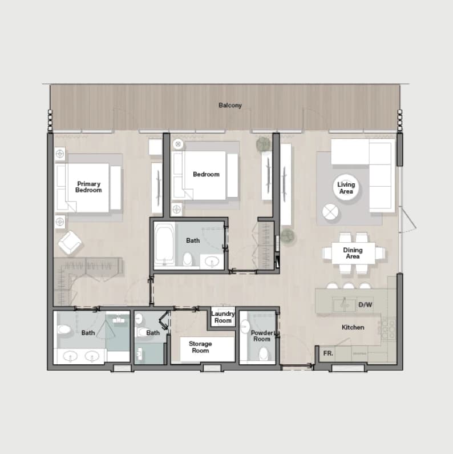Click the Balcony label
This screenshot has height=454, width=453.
pyautogui.click(x=230, y=105)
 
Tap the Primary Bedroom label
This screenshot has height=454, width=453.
pyautogui.click(x=88, y=187)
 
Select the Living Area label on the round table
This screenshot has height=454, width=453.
pyautogui.click(x=346, y=188)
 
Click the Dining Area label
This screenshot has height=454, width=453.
pyautogui.click(x=353, y=253)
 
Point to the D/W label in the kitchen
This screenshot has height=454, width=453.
pyautogui.click(x=365, y=304)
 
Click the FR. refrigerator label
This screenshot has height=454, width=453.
pyautogui.click(x=328, y=353)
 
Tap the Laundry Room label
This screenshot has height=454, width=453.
pyautogui.click(x=223, y=317)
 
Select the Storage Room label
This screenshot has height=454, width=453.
pyautogui.click(x=200, y=347)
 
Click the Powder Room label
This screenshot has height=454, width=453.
pyautogui.click(x=262, y=336)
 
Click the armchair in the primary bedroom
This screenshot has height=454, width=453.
pyautogui.click(x=70, y=243)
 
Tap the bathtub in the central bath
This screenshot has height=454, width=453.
pyautogui.click(x=164, y=244)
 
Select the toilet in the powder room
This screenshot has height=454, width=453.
pyautogui.click(x=263, y=354)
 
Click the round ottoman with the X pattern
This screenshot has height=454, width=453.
pyautogui.click(x=330, y=212)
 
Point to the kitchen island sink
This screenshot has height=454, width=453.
pyautogui.click(x=343, y=304)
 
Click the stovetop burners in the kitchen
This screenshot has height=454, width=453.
pyautogui.click(x=389, y=328)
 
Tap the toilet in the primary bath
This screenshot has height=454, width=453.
pyautogui.click(x=64, y=330)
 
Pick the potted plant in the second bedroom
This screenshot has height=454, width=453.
pyautogui.click(x=263, y=144)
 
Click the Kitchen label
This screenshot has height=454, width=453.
pyautogui.click(x=353, y=327)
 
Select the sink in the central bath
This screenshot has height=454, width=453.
pyautogui.click(x=212, y=262)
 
